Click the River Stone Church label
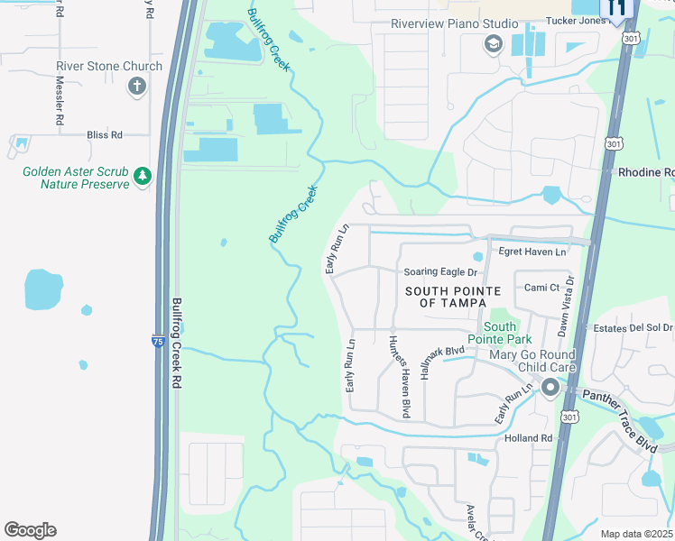coord(109,66)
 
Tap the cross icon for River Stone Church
coord(137,87)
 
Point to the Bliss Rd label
coord(104,135)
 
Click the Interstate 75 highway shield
coord(158,341)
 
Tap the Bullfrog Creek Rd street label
coord(178,343)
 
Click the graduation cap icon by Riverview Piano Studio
coord(493,44)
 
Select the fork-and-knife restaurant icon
coord(617,8)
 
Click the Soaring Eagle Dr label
coord(439,271)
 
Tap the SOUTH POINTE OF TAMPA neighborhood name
coord(453,297)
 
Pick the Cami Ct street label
coord(543,288)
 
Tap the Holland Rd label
coord(528,438)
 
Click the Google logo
coord(30,530)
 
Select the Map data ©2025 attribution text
coord(635,534)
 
